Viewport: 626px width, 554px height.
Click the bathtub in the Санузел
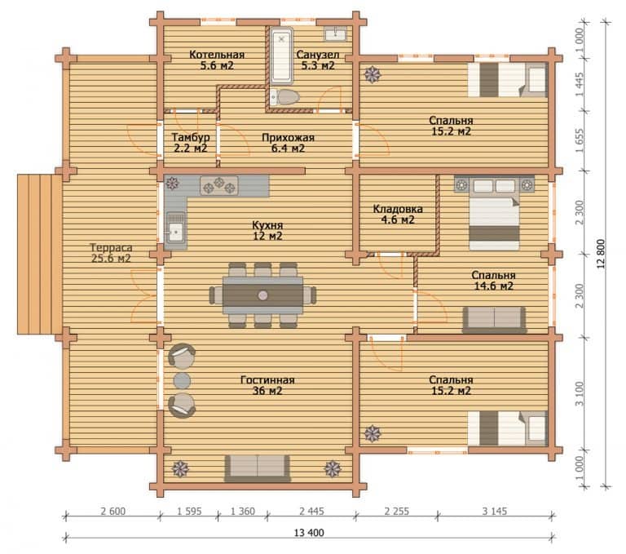pyautogui.click(x=281, y=56)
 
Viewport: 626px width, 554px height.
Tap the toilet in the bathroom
pyautogui.click(x=284, y=97)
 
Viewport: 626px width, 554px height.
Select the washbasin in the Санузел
pyautogui.click(x=335, y=33)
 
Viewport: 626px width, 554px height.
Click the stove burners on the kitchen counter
pyautogui.click(x=219, y=186)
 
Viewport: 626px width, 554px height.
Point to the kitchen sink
pyautogui.click(x=176, y=228)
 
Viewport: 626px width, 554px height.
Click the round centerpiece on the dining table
pyautogui.click(x=262, y=295)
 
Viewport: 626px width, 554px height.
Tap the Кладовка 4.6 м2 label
pyautogui.click(x=398, y=215)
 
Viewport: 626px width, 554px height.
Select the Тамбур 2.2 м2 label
pyautogui.click(x=191, y=143)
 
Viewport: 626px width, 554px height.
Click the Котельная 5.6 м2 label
pyautogui.click(x=217, y=60)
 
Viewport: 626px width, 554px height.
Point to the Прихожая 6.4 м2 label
pyautogui.click(x=288, y=143)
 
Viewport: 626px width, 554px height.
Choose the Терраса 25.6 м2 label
pyautogui.click(x=111, y=253)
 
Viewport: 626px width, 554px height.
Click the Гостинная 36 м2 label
pyautogui.click(x=267, y=385)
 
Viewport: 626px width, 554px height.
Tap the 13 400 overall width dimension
pyautogui.click(x=309, y=533)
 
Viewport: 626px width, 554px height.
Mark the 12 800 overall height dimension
pyautogui.click(x=601, y=254)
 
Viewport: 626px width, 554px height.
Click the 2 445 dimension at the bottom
pyautogui.click(x=312, y=512)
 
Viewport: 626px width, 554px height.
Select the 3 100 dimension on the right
pyautogui.click(x=580, y=394)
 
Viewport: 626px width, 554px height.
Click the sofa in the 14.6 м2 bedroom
pyautogui.click(x=494, y=320)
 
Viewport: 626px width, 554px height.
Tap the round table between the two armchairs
pyautogui.click(x=182, y=381)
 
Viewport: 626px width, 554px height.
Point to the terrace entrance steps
pyautogui.click(x=39, y=255)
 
